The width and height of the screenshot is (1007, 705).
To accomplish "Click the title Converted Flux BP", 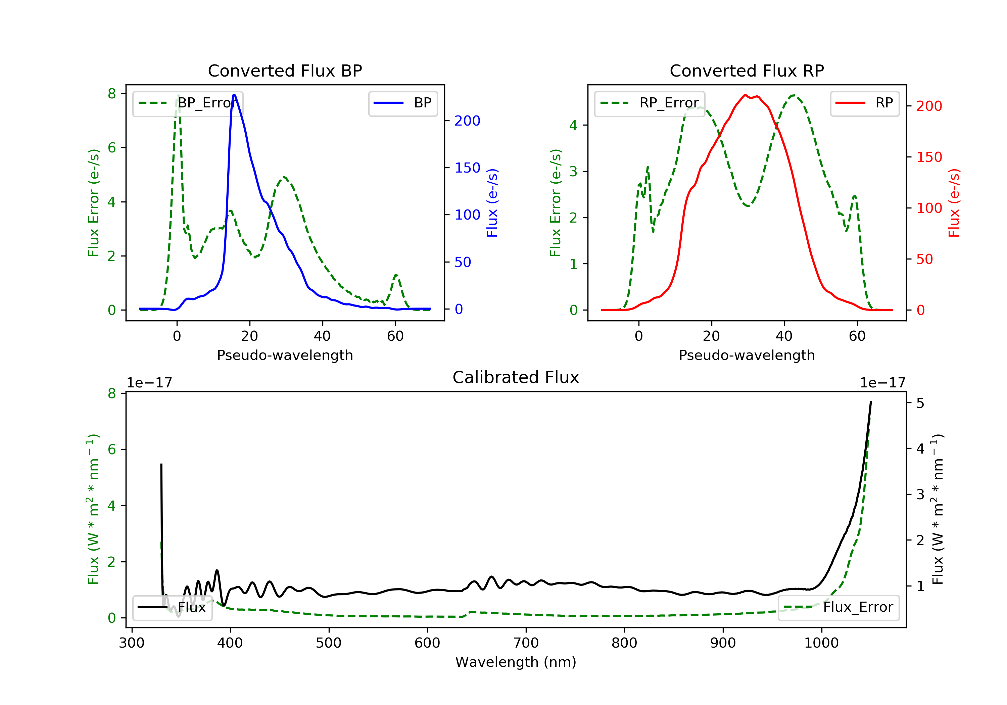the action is point(285,70).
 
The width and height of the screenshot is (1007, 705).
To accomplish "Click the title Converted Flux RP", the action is point(747,70).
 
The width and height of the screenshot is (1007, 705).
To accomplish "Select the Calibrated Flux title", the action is point(516,377).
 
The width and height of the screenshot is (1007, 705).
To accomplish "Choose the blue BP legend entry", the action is point(402,103).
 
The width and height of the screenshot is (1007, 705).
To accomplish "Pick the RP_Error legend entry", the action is point(650,103).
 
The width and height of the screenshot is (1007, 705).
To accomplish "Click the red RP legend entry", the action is point(864,103).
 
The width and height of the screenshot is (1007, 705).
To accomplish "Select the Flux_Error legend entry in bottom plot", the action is point(838,607).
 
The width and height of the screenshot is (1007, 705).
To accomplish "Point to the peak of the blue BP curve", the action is point(234,95).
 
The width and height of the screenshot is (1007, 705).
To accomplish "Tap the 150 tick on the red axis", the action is point(929,157).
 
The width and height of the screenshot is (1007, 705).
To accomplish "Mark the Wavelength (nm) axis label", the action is point(516,662).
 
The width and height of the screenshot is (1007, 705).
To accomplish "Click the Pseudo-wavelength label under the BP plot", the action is point(285,355).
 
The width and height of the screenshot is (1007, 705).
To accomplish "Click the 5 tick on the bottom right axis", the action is point(920,403).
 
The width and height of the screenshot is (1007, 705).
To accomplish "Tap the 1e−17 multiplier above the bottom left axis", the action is point(149,383).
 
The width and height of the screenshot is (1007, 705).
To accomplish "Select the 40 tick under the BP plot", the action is point(322,336).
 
